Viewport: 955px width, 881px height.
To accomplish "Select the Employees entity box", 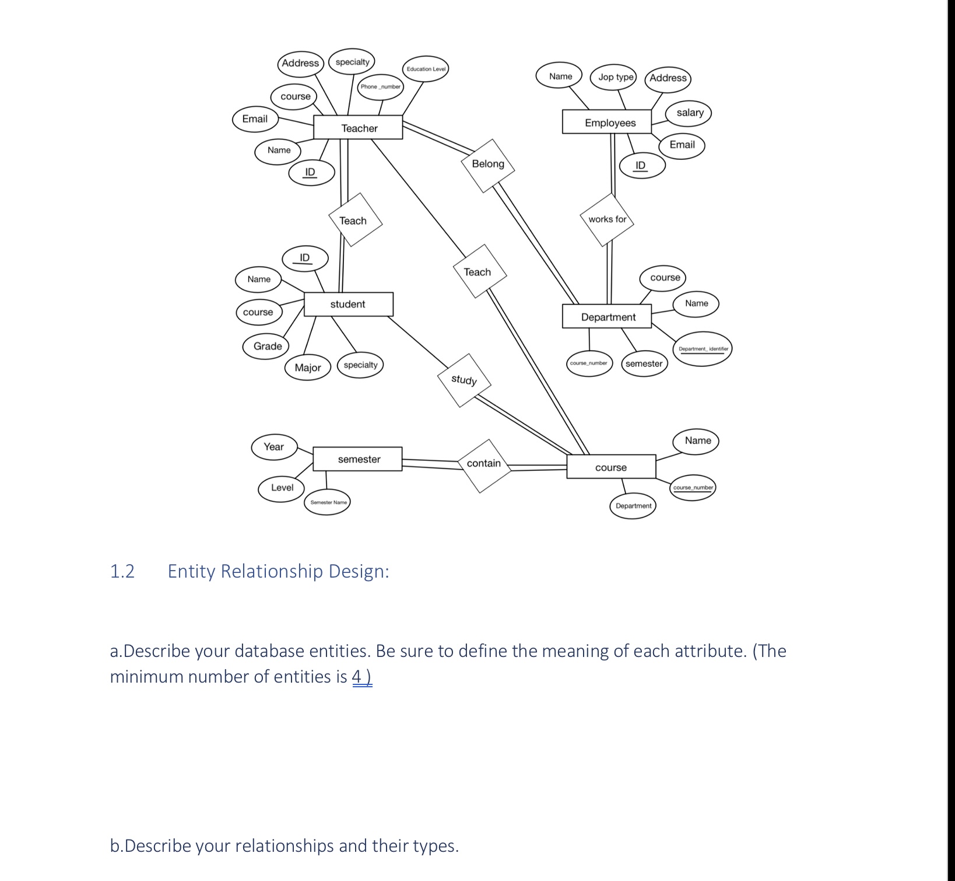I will (606, 122).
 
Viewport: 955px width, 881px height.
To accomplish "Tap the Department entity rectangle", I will (607, 317).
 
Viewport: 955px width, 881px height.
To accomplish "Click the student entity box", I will (348, 304).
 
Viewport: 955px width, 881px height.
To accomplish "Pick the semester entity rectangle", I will (357, 459).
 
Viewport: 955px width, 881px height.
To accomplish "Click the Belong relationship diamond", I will (488, 165).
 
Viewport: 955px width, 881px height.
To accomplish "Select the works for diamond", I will (607, 219).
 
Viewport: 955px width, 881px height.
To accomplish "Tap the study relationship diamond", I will (464, 380).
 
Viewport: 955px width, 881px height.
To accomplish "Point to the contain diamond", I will (483, 464).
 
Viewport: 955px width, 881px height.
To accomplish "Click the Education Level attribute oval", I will (426, 69).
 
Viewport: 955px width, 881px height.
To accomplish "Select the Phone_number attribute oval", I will (380, 87).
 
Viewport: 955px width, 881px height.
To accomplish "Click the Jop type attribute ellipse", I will (616, 77).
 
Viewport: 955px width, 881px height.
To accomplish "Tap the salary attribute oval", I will (689, 113).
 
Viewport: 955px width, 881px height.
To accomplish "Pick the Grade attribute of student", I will (268, 346).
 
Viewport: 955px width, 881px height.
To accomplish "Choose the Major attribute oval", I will (308, 368).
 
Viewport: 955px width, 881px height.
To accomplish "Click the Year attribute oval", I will (274, 447).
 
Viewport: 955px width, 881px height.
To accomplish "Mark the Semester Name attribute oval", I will (328, 502).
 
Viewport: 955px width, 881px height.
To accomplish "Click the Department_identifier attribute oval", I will (703, 349).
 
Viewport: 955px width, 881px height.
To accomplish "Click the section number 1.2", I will (122, 571).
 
